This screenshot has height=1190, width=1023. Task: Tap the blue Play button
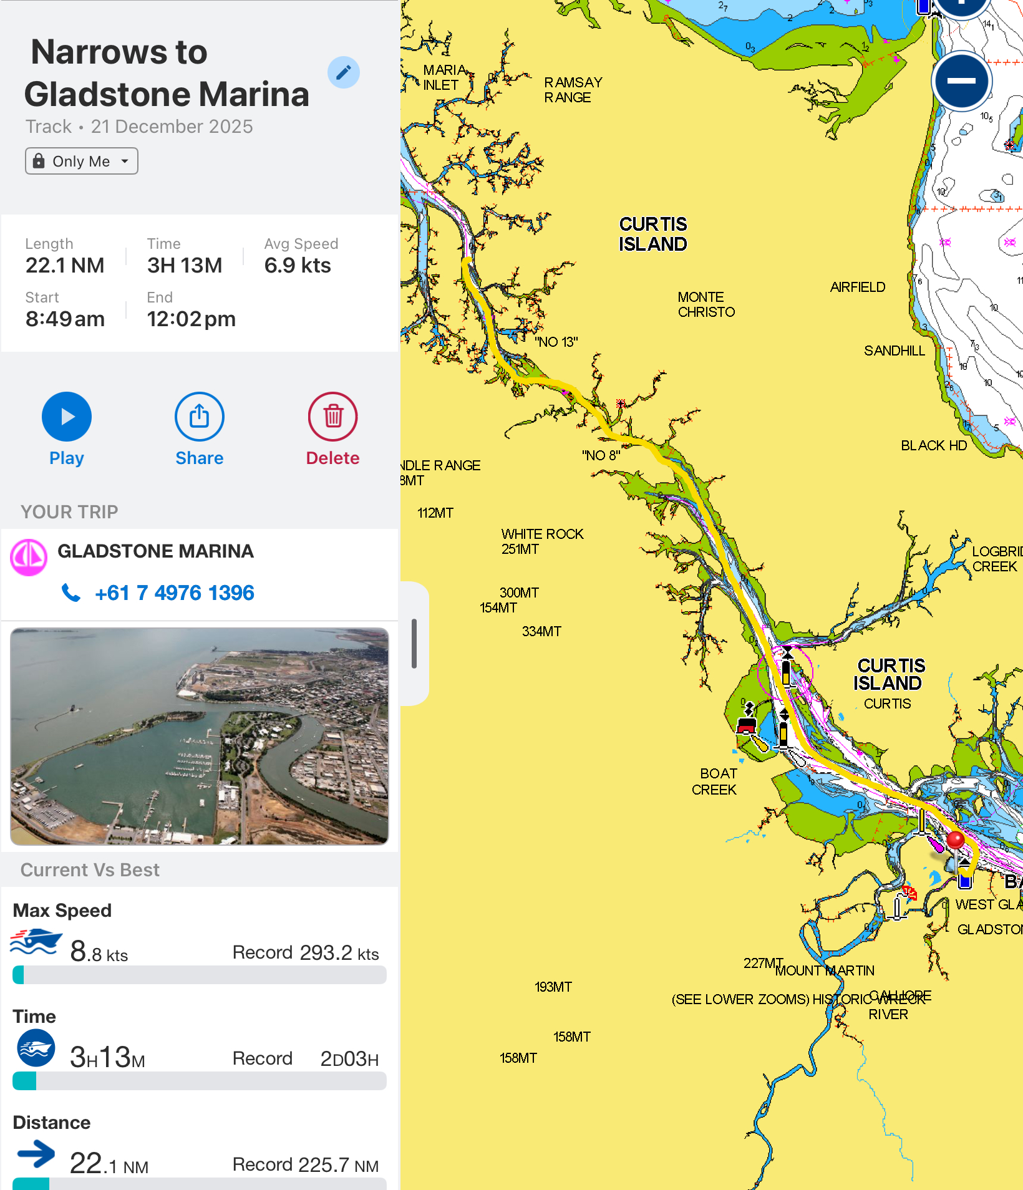[67, 417]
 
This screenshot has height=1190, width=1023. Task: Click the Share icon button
[200, 417]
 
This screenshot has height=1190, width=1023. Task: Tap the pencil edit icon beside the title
[344, 72]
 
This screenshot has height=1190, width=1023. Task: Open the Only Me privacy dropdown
[82, 161]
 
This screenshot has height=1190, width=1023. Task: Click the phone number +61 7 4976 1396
[174, 593]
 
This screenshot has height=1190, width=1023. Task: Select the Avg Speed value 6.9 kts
[298, 266]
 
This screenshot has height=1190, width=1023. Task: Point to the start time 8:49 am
[65, 319]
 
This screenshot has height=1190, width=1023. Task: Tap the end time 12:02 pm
[191, 319]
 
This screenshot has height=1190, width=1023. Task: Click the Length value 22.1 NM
[65, 266]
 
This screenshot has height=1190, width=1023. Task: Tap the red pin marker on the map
[955, 840]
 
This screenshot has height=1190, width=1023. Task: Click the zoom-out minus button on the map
[961, 81]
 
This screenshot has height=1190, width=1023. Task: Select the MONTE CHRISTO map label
[706, 304]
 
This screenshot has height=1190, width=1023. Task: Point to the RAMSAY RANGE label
[573, 90]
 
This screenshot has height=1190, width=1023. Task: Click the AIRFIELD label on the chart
[858, 287]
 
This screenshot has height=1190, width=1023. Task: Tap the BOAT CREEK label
[715, 781]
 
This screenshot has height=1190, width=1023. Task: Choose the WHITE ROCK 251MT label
[542, 541]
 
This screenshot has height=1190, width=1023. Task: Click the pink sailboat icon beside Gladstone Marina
[29, 557]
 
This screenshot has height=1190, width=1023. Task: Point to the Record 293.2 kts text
[306, 953]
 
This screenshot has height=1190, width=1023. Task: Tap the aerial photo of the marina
[200, 736]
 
